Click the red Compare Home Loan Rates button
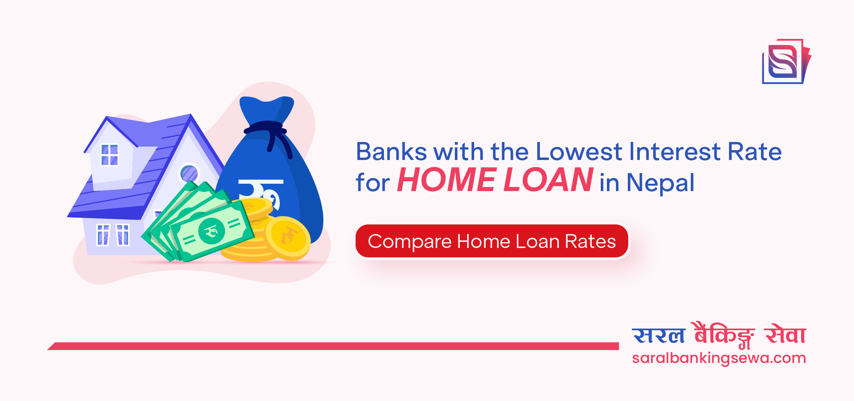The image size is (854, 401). point(492,241)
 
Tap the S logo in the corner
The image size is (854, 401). point(785,62)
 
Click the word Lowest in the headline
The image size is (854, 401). point(579,152)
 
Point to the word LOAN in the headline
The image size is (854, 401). point(548,180)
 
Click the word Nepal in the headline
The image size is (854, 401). point(660,182)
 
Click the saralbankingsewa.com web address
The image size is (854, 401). point(719,358)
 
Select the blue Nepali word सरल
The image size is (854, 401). point(659,336)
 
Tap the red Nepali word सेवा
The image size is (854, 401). point(785,335)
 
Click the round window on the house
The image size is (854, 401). point(189,173)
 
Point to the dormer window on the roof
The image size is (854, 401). point(109,155)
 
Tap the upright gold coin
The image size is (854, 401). point(288,237)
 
